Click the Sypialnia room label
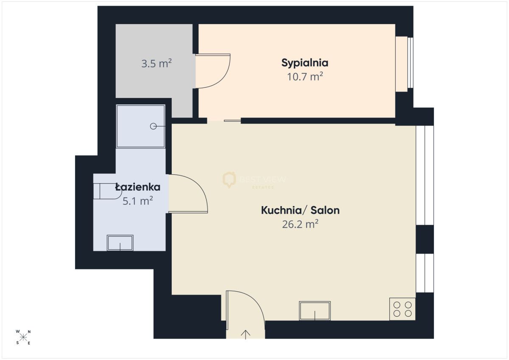[x=305, y=63]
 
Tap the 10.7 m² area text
[x=305, y=77]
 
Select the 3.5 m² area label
[x=157, y=63]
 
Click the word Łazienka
[x=138, y=187]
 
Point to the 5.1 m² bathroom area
[x=138, y=201]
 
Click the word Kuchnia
[x=281, y=210]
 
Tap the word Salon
[x=325, y=210]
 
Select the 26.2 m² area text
[x=300, y=224]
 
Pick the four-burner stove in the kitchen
[x=403, y=309]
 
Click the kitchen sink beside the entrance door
[x=315, y=311]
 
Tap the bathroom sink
[x=120, y=243]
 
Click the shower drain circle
[x=154, y=126]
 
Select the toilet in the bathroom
[x=107, y=191]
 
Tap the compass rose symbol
[x=23, y=337]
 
